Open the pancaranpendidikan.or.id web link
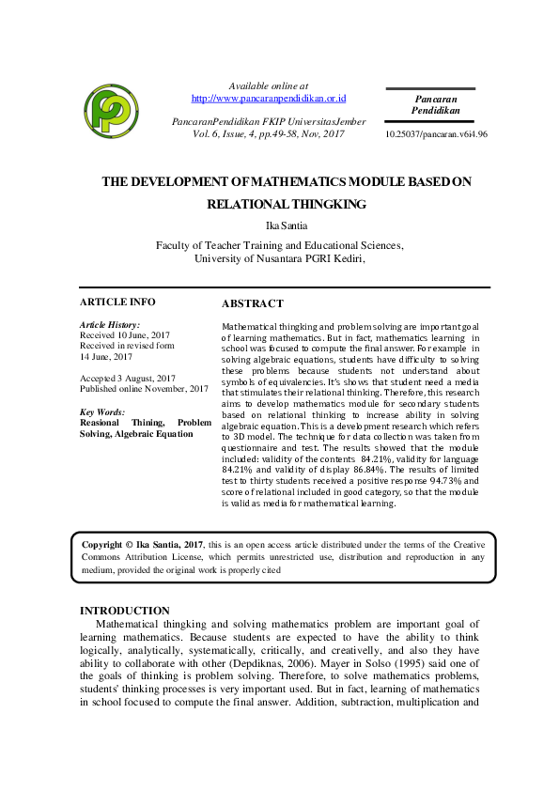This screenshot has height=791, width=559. click(x=270, y=98)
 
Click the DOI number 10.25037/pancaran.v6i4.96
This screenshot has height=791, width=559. click(x=436, y=134)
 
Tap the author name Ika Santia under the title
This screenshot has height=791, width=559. click(x=279, y=225)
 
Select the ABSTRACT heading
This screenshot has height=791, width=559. click(x=252, y=304)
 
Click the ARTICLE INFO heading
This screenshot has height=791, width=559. click(x=117, y=302)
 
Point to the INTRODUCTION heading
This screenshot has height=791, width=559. click(x=124, y=611)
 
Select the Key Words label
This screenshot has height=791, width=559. click(x=102, y=412)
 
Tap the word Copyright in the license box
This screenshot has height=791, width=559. click(x=102, y=544)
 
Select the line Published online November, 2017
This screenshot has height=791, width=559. click(x=144, y=388)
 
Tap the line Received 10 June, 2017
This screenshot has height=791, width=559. click(x=125, y=334)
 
